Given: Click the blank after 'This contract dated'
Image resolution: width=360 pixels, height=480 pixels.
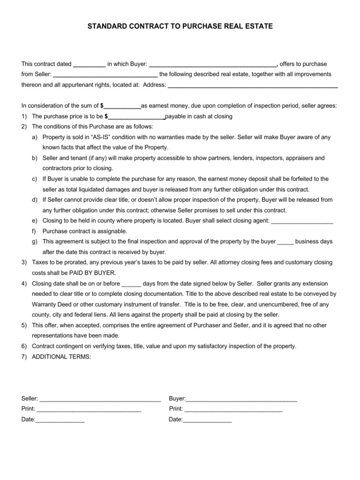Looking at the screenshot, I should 90,65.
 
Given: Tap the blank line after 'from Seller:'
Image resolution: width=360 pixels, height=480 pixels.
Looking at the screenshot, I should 105,75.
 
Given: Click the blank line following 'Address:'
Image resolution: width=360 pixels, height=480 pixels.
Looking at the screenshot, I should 253,86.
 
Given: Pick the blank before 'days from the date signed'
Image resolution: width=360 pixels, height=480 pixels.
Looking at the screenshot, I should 131,284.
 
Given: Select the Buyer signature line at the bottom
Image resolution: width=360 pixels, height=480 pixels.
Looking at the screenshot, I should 241,399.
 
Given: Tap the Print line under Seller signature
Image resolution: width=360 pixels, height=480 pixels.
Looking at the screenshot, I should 89,410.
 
